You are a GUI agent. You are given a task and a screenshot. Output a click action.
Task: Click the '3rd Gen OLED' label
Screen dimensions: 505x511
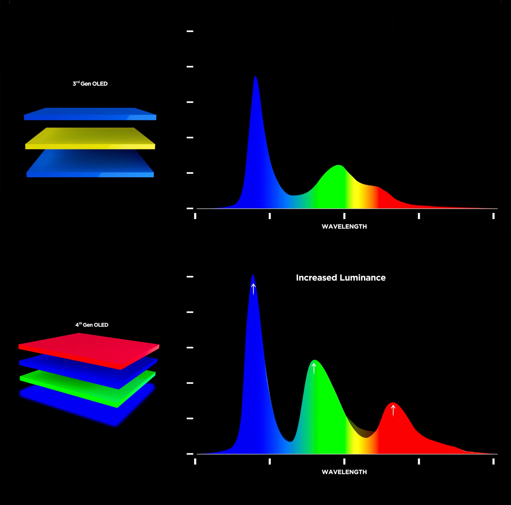(x=90, y=84)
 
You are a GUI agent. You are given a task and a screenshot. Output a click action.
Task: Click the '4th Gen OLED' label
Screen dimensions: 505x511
(x=92, y=325)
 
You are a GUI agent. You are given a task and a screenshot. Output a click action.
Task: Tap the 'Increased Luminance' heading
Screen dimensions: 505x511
(x=341, y=277)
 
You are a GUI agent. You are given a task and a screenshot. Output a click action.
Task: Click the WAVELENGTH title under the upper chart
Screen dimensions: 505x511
(x=344, y=227)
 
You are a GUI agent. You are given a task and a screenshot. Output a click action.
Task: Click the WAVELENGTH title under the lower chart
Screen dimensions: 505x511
(x=344, y=472)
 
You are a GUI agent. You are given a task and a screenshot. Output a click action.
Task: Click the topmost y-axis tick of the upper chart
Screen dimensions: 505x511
(x=190, y=31)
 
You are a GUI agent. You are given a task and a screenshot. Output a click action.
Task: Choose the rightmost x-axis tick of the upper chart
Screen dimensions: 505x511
(x=493, y=216)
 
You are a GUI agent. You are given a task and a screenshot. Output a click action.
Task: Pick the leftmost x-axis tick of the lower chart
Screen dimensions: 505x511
(x=195, y=461)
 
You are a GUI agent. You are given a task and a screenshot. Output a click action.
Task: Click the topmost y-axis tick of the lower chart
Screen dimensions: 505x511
(x=190, y=277)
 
